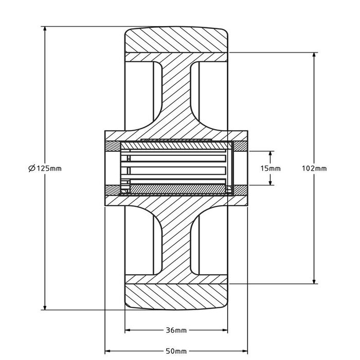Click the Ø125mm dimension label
[x=45, y=168]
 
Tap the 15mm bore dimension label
[x=271, y=168]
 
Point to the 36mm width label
[x=176, y=330]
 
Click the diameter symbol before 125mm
[x=31, y=168]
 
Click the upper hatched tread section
[x=176, y=40]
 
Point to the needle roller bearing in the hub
[x=176, y=168]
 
